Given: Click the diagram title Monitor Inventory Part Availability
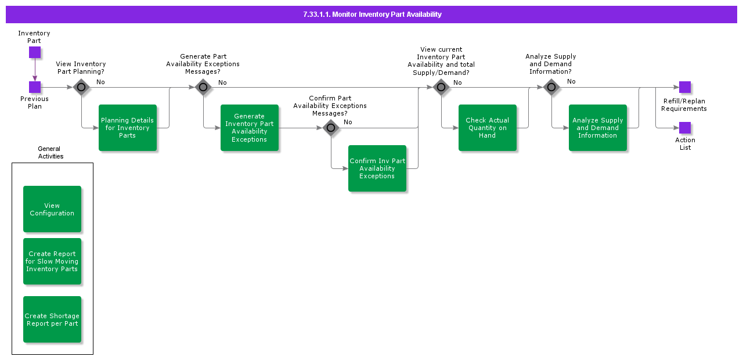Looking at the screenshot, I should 371,15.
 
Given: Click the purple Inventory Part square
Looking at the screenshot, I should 35,52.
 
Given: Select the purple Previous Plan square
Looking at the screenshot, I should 35,87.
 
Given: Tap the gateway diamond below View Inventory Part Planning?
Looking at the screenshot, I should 81,88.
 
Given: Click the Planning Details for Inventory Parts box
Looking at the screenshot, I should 128,128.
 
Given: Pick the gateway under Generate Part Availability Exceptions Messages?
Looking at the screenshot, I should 203,88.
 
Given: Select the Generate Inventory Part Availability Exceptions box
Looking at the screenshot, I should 250,128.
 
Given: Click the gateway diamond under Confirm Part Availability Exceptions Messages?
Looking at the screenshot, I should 331,128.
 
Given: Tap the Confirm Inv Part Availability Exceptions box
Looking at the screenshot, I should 377,168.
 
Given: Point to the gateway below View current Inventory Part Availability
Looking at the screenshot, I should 441,88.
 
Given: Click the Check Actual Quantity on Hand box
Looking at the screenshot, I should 488,128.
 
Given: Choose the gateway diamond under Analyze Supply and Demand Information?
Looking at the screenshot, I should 551,88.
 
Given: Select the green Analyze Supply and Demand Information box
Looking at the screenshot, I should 598,128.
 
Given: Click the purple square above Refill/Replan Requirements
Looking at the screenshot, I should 685,87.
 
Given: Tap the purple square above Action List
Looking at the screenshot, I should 685,128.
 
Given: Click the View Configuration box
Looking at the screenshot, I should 52,209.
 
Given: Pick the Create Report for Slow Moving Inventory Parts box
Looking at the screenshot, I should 52,261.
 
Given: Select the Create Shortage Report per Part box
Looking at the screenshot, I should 52,319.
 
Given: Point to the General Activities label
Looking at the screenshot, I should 51,153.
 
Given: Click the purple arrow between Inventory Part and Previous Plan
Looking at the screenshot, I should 35,70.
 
